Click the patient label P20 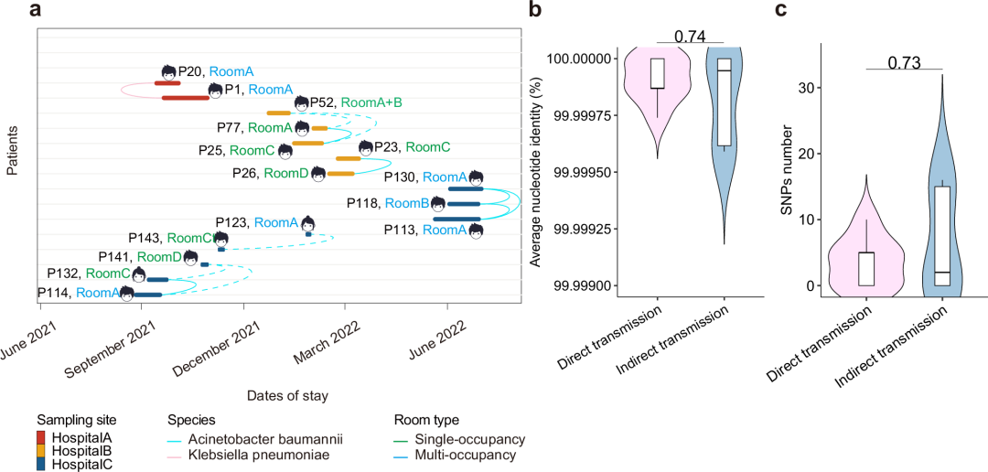(190, 70)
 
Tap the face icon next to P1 (215, 90)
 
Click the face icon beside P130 (476, 177)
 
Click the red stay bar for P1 (186, 97)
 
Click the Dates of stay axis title (287, 396)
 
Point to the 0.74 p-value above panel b (690, 37)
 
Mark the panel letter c (780, 11)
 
